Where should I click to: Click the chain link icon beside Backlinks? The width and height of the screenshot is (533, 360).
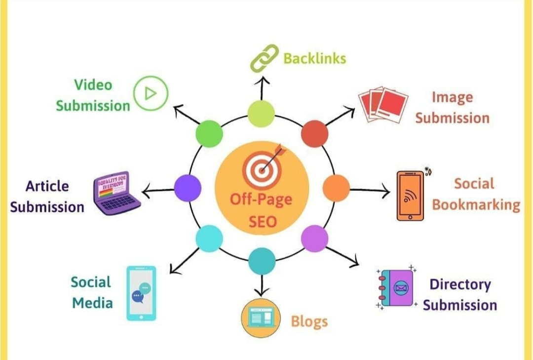[265, 58]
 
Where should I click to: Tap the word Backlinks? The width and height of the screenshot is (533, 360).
[314, 58]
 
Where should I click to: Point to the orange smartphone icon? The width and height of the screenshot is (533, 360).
[411, 195]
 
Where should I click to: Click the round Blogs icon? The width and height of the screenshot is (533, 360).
[261, 319]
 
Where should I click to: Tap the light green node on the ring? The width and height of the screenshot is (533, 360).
[261, 113]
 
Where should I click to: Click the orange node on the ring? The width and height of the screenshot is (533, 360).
[336, 188]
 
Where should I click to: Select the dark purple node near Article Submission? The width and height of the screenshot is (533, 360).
[188, 188]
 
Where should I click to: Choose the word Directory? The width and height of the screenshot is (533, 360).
[460, 284]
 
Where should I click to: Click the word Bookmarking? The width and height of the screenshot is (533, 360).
[476, 204]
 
